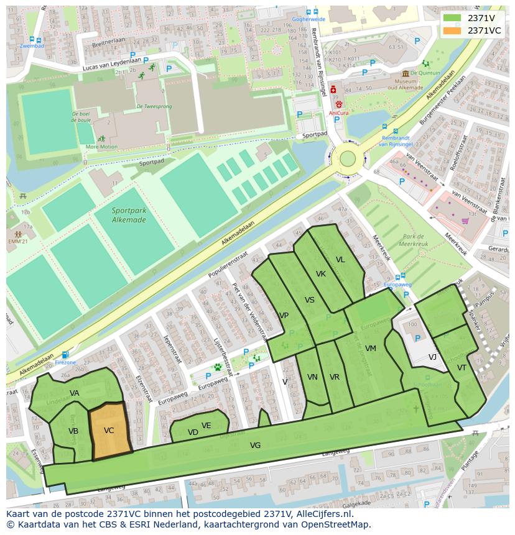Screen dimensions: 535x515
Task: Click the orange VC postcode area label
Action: pos(109,431)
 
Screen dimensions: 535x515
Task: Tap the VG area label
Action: pos(255,446)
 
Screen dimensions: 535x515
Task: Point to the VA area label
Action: pos(75,393)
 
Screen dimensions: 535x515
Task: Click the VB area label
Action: pos(73,431)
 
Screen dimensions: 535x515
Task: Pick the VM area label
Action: pos(371,349)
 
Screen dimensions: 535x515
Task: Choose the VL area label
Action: pos(340,260)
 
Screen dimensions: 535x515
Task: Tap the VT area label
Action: pos(462,368)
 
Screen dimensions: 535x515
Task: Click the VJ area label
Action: pos(432,357)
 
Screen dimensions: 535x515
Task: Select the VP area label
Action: pos(284,316)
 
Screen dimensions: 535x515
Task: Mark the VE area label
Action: pos(206,426)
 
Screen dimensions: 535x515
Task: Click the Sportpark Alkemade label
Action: pos(129,215)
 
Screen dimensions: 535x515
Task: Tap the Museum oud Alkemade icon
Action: pos(405,73)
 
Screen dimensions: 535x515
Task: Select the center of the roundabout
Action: pos(347,159)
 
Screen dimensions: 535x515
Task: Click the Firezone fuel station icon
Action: pos(65,355)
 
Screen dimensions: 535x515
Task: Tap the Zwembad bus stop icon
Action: pos(31,39)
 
